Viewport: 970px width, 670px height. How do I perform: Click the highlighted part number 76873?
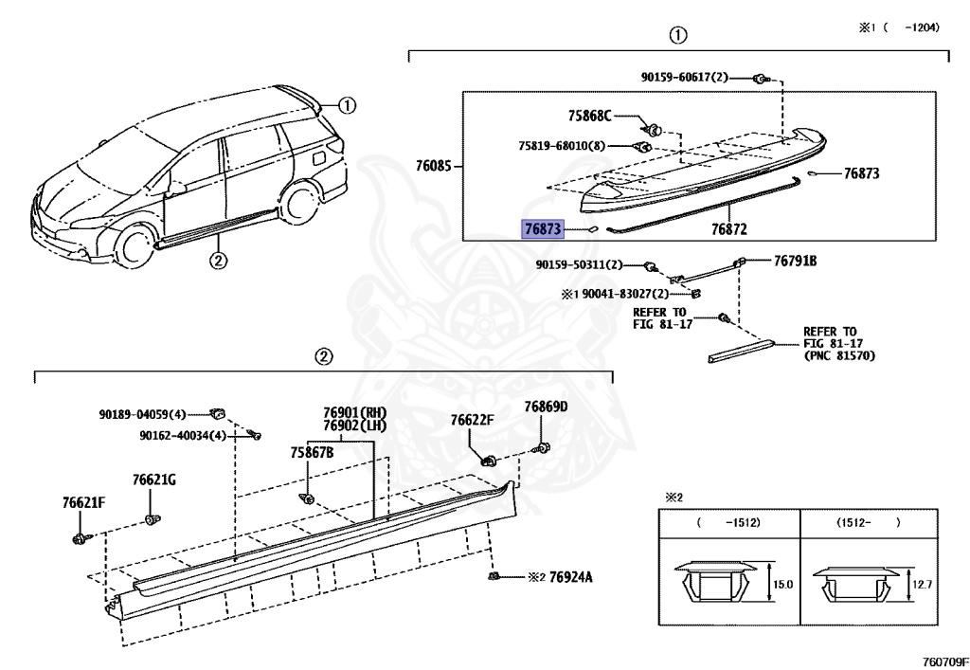coord(543,228)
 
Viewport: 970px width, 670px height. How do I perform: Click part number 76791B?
coord(795,261)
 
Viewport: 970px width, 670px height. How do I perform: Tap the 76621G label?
coord(154,480)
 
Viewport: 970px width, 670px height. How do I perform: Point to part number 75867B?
coord(312,453)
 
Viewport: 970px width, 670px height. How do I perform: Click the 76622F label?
coord(473,420)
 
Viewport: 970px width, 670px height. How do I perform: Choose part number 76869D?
coord(546,407)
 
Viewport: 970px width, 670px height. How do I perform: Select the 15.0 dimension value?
coord(781,585)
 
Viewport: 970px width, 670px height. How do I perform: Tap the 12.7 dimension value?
coord(923,584)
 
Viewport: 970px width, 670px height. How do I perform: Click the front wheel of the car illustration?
coord(134,244)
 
